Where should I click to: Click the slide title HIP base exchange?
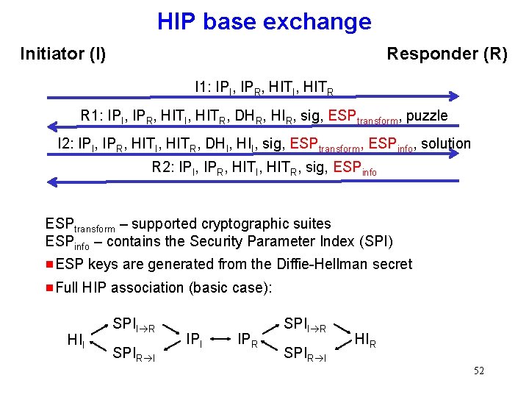point(264,21)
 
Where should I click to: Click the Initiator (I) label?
point(63,54)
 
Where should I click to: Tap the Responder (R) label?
point(447,54)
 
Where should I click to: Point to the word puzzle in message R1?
point(426,115)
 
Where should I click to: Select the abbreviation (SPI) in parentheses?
point(375,242)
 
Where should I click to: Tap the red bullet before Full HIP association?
point(49,287)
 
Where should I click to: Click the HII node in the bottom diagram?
point(76,340)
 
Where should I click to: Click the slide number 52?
point(478,371)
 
